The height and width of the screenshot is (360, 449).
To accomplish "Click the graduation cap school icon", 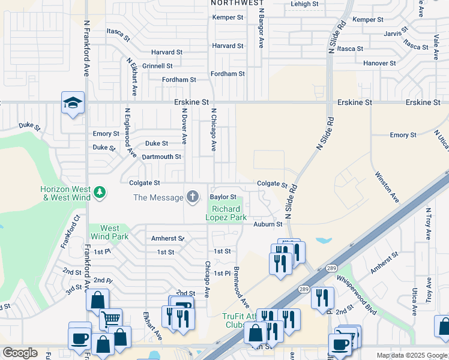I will point(73,103).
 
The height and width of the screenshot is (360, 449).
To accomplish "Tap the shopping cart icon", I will point(110,320).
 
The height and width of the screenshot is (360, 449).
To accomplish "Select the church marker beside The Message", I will point(193,197).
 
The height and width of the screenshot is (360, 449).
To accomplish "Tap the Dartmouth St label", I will point(161,157).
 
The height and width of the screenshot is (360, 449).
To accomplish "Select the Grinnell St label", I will point(157,66).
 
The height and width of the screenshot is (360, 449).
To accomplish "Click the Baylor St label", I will point(223,197).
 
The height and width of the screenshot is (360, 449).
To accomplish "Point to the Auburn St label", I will point(267,224).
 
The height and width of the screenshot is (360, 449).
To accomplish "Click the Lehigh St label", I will point(304,4).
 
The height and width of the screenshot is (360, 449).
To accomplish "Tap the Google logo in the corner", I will point(20,353).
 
